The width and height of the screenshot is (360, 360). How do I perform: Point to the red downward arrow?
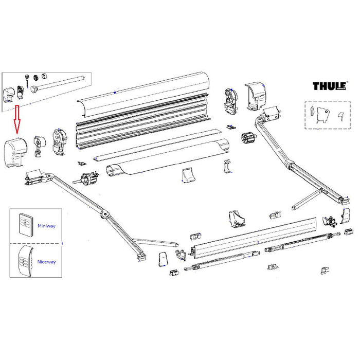pyautogui.click(x=16, y=118)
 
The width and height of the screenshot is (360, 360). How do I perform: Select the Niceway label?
pyautogui.click(x=46, y=262)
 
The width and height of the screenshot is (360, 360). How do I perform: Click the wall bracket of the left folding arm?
pyautogui.click(x=33, y=177)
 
